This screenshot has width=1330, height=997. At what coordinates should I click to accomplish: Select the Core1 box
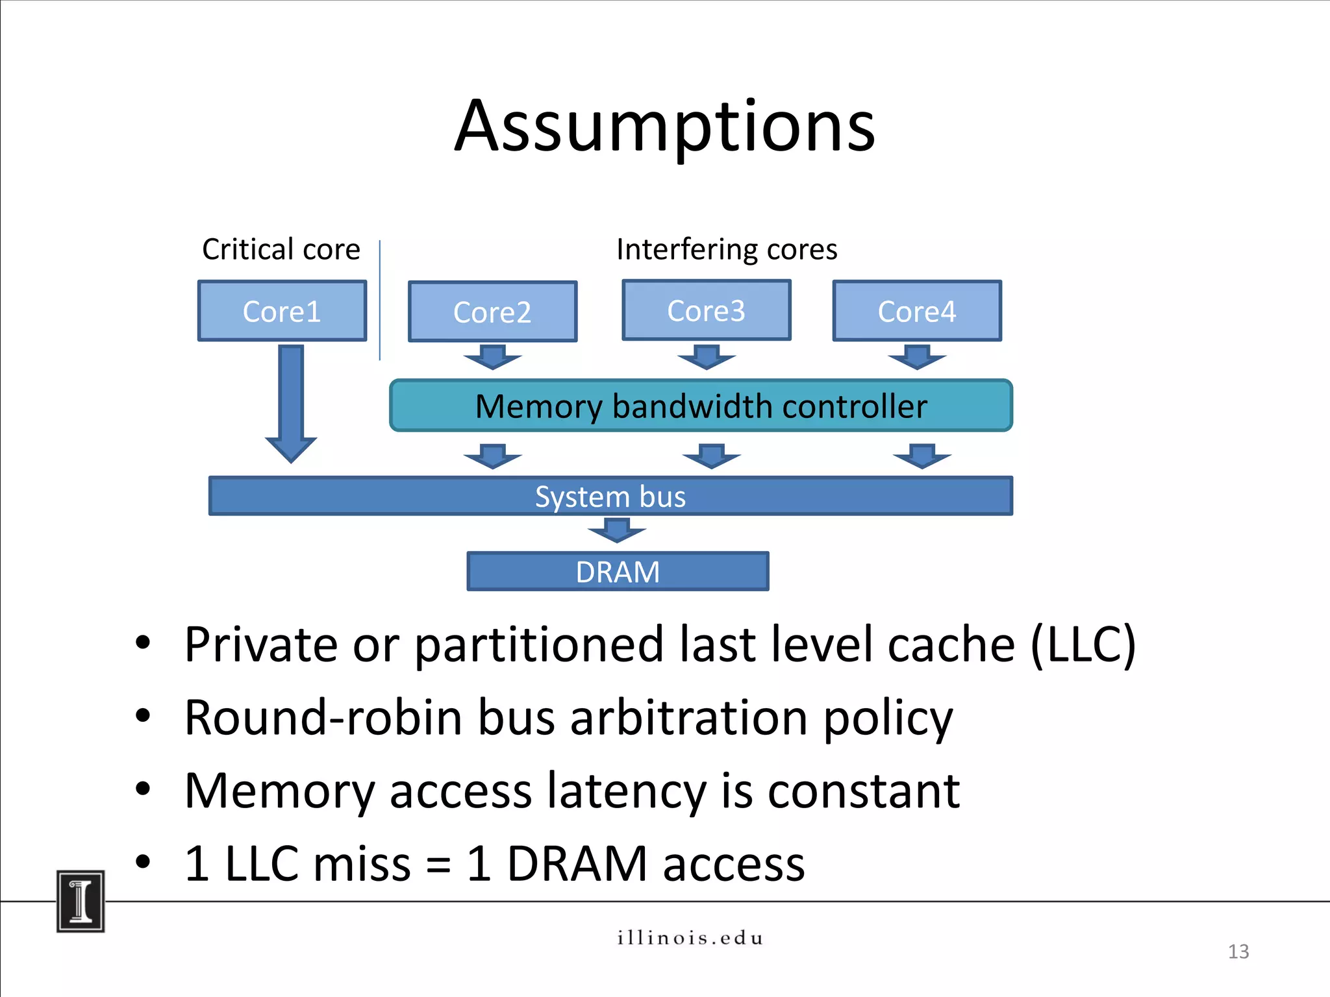pyautogui.click(x=282, y=311)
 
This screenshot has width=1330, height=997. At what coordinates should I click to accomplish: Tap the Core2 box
pyautogui.click(x=492, y=312)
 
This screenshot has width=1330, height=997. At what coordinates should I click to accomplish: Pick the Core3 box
pyautogui.click(x=706, y=310)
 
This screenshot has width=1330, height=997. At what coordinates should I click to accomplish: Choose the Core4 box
pyautogui.click(x=916, y=311)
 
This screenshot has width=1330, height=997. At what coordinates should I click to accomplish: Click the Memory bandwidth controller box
pyautogui.click(x=701, y=406)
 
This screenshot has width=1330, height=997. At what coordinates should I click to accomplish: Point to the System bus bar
pyautogui.click(x=610, y=496)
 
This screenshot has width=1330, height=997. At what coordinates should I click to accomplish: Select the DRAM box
pyautogui.click(x=618, y=571)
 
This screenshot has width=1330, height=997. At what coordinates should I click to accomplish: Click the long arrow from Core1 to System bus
pyautogui.click(x=291, y=402)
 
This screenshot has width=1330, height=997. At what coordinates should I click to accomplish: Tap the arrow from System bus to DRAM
pyautogui.click(x=617, y=530)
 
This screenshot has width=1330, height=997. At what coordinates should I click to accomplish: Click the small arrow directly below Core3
pyautogui.click(x=706, y=357)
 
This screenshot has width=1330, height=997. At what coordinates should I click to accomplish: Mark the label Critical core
pyautogui.click(x=281, y=249)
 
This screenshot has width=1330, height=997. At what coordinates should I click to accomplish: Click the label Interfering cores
pyautogui.click(x=726, y=249)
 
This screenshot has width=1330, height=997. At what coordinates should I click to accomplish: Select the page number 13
pyautogui.click(x=1238, y=951)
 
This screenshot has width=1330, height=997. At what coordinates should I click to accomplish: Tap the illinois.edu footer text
pyautogui.click(x=690, y=937)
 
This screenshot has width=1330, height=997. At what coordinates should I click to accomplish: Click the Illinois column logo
pyautogui.click(x=81, y=901)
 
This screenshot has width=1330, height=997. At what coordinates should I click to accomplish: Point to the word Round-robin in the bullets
pyautogui.click(x=323, y=718)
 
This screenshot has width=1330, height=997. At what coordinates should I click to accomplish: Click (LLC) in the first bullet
pyautogui.click(x=1083, y=645)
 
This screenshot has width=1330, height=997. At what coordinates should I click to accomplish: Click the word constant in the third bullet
pyautogui.click(x=863, y=791)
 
